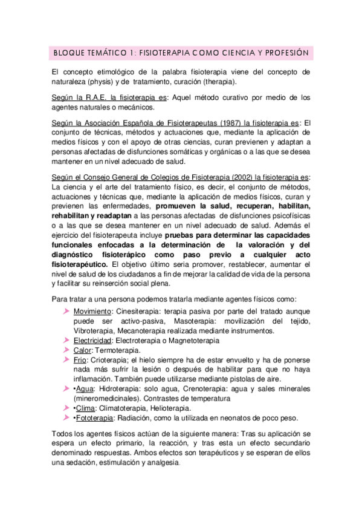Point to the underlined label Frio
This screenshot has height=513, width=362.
pyautogui.click(x=82, y=360)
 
